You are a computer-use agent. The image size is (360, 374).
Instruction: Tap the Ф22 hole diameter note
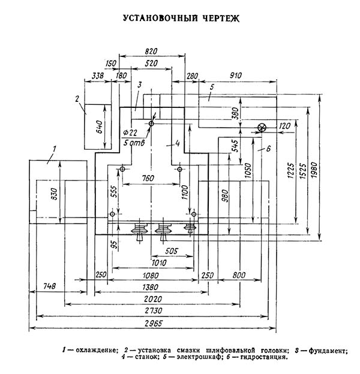(x=131, y=132)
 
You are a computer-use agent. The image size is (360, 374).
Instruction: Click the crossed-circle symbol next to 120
(x=261, y=128)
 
